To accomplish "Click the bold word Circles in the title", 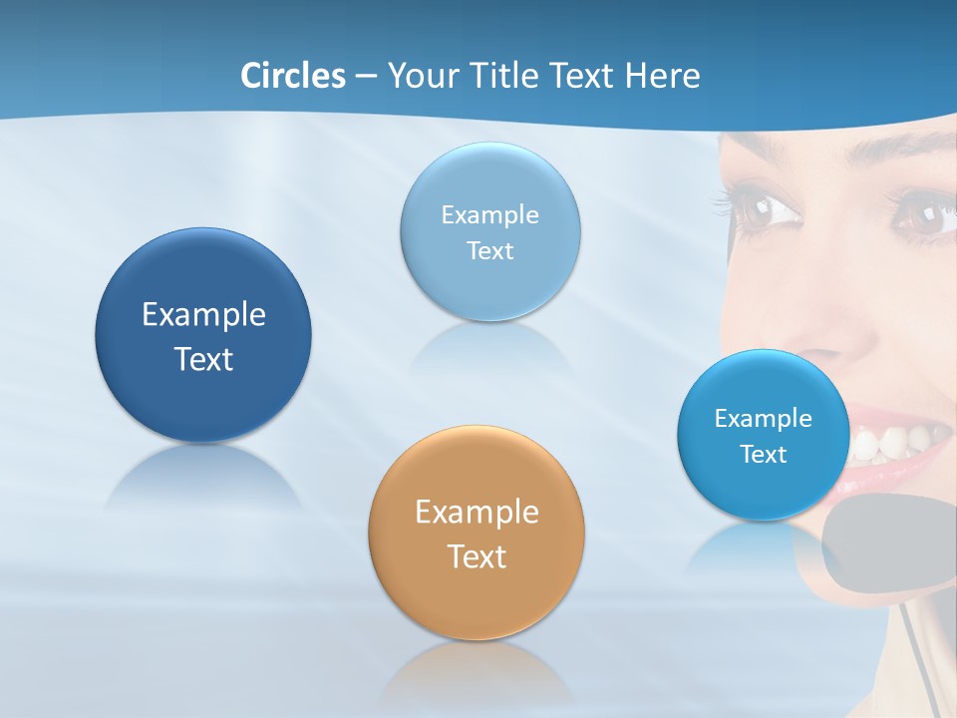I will [292, 76].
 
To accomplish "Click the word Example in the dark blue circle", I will [203, 315].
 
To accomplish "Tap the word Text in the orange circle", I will [477, 556].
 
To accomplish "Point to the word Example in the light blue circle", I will [490, 214].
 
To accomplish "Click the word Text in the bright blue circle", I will [764, 455].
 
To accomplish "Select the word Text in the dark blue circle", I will [203, 359].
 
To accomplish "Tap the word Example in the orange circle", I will [477, 513].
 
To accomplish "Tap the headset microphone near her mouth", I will [877, 538].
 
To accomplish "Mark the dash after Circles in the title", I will [366, 77].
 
